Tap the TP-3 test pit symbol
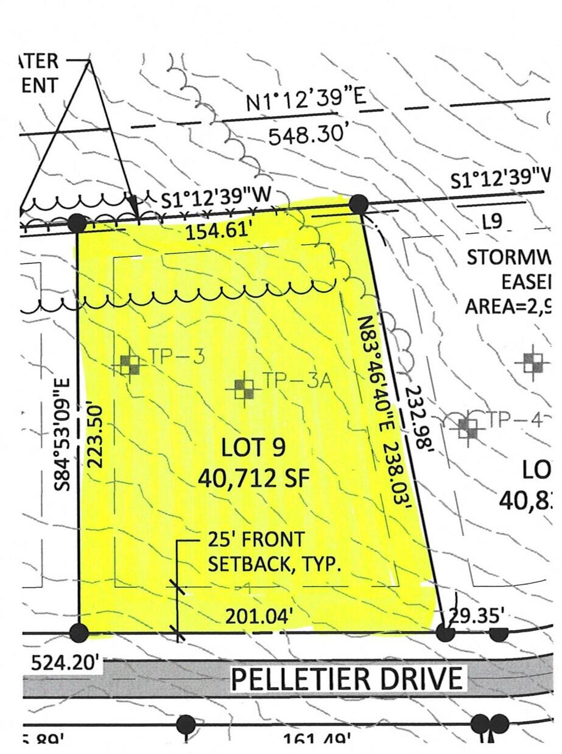129,365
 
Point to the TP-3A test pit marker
244,389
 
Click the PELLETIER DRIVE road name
346,678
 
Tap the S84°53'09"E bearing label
65,434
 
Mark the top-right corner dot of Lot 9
359,204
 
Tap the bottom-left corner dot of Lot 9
79,633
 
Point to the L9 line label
492,222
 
